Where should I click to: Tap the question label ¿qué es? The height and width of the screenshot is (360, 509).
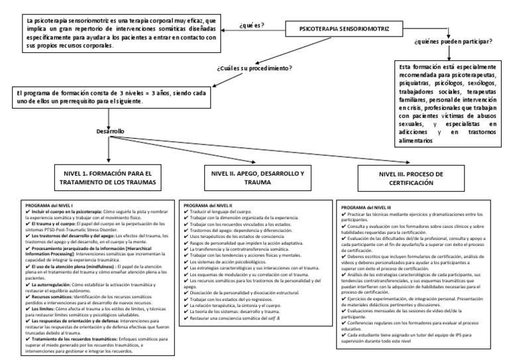pos(252,26)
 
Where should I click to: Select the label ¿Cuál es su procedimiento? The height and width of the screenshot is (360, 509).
pos(254,68)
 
